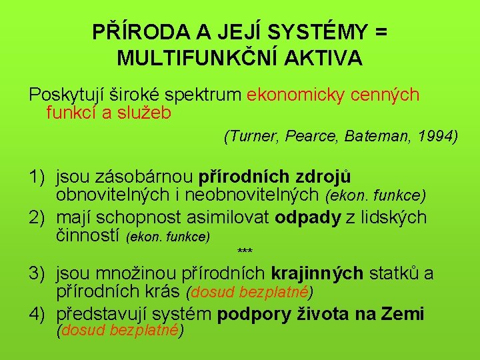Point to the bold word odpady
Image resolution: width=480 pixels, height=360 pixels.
pyautogui.click(x=307, y=218)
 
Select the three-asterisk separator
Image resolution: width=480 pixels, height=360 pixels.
pyautogui.click(x=245, y=251)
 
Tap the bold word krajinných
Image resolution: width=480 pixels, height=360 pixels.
pyautogui.click(x=317, y=273)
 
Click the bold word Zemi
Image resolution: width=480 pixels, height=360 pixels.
pyautogui.click(x=404, y=314)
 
